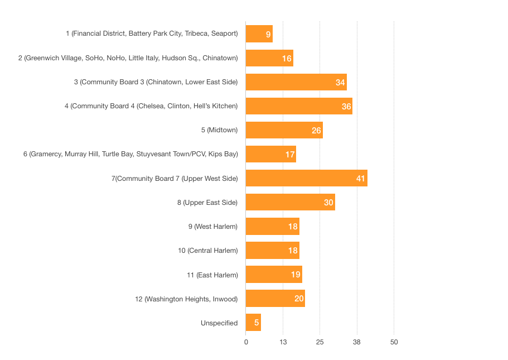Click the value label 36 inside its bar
click(x=346, y=107)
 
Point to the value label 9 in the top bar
click(x=268, y=35)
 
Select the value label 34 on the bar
click(x=340, y=83)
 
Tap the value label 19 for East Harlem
click(x=296, y=275)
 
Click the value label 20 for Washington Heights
click(x=299, y=299)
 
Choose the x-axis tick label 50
click(x=394, y=342)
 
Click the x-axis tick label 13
click(x=283, y=342)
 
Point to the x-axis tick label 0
click(x=246, y=342)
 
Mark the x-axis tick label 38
click(x=357, y=342)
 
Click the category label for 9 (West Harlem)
click(x=213, y=227)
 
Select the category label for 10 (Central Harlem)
click(x=208, y=251)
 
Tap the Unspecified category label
click(x=219, y=323)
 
